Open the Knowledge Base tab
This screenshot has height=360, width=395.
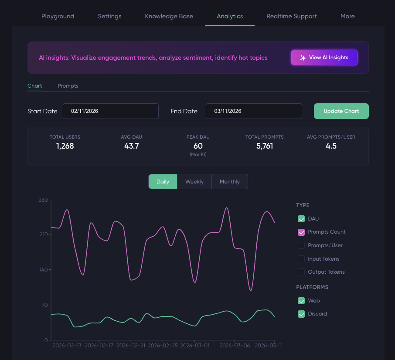(169, 16)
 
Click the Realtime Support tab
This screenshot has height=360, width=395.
(291, 16)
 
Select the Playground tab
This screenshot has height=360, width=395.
(58, 16)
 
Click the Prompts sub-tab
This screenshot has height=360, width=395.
(68, 86)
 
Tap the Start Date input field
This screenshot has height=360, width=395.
(111, 111)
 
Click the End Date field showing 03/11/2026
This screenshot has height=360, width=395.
(254, 111)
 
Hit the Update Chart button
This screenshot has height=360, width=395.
(341, 111)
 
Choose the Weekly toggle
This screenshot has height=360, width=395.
(194, 182)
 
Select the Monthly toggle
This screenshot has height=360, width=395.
(229, 182)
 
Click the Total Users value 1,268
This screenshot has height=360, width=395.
(65, 146)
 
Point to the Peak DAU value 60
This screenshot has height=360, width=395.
(198, 146)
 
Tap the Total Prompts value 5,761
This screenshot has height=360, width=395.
(265, 146)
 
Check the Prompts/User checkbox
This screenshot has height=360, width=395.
(301, 245)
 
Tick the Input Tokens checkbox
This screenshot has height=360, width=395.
(301, 259)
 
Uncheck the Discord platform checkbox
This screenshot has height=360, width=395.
(301, 314)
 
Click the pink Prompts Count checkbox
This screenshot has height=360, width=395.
(301, 232)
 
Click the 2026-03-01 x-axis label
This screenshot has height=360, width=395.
(194, 346)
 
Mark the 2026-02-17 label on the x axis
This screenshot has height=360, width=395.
(99, 346)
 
